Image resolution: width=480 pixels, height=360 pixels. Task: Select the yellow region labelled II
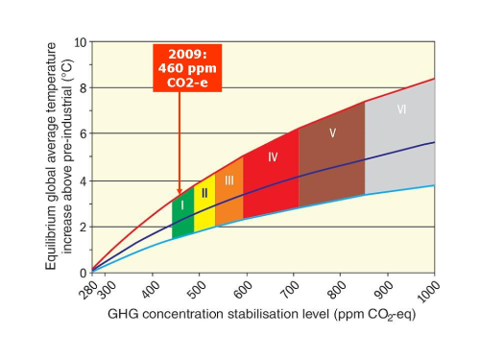coord(204,204)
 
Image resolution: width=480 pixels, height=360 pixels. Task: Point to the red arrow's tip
coord(179,196)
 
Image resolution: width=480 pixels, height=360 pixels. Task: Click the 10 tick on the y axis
coord(81,42)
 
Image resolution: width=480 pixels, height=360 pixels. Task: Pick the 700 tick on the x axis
coord(294,286)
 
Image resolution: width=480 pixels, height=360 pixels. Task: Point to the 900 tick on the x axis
coord(388,286)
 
